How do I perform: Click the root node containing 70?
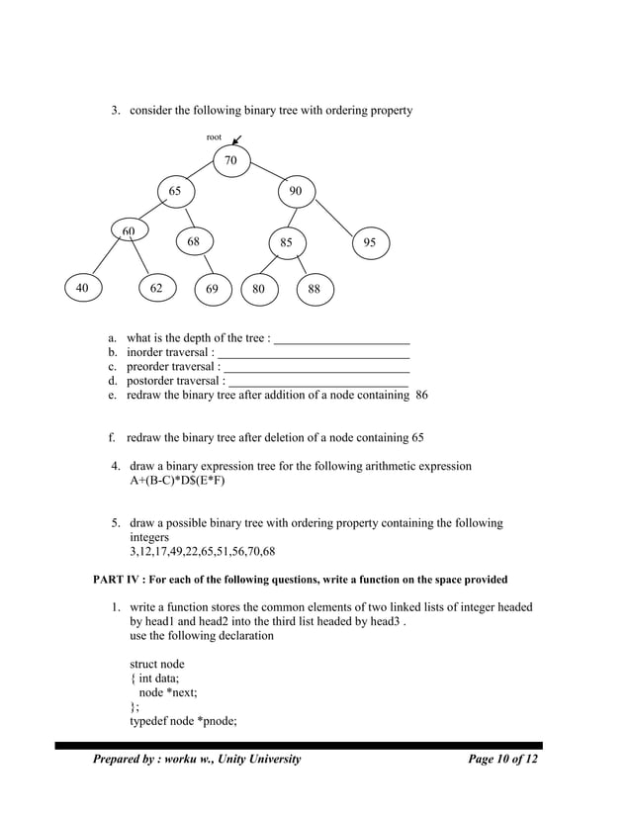pos(230,160)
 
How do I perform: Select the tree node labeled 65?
pos(173,191)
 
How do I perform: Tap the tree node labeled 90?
pos(296,191)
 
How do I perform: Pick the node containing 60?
pos(129,231)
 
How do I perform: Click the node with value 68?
pos(194,241)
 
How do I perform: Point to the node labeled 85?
pos(286,242)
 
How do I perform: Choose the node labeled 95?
pos(369,242)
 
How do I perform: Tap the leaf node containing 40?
pos(82,288)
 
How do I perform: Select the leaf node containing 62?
pos(157,289)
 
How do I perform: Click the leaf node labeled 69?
pos(213,290)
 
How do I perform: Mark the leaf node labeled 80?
pos(258,290)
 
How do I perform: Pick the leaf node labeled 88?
pos(314,290)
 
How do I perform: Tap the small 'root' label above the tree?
pos(214,136)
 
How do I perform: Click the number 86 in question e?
pos(421,395)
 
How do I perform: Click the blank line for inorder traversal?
pos(313,353)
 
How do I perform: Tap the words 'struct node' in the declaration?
pos(157,664)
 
